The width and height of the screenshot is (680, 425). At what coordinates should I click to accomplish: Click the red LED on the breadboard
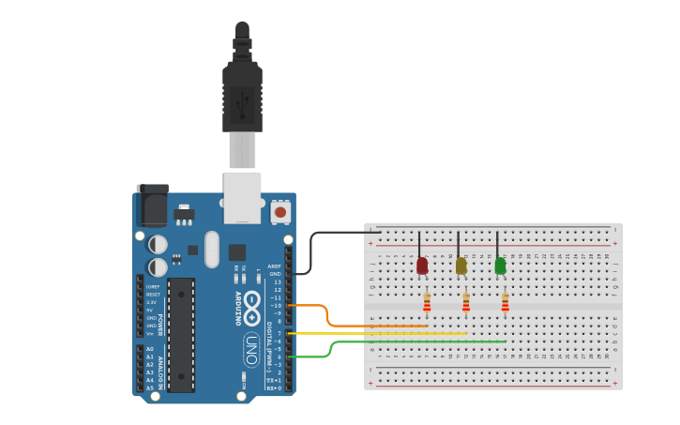coord(422,266)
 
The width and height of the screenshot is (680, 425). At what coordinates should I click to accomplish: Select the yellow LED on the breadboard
coord(461,266)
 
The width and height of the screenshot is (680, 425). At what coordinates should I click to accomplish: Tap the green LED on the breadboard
coord(500,266)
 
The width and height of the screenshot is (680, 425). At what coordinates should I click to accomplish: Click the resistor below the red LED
coord(427,302)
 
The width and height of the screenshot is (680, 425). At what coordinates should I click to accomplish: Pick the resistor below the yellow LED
coord(466,302)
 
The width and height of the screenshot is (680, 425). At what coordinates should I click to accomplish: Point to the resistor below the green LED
coord(506,302)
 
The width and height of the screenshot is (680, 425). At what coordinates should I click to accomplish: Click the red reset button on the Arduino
coord(280,212)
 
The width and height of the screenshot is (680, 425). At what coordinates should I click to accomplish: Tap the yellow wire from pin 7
coord(394,333)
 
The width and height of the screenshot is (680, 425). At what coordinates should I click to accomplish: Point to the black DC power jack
coord(152,205)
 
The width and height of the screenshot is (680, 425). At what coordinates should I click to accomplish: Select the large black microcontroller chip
coord(181,334)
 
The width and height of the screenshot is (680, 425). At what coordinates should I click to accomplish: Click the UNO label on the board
coord(250,349)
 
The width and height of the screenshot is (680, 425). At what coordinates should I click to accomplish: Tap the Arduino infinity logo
coord(252,302)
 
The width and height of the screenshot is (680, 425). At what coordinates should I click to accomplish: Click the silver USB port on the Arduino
coord(242,198)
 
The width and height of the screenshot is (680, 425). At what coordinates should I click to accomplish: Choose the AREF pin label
coord(274,266)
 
